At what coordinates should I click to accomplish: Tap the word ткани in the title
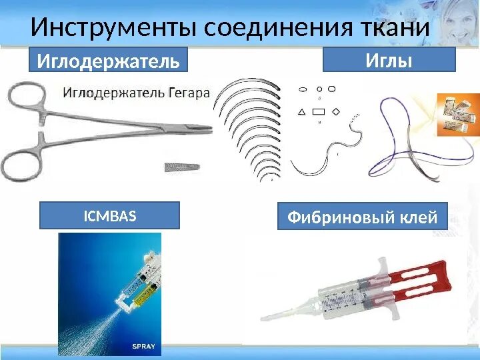tap(393, 27)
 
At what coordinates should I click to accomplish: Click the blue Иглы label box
tap(389, 60)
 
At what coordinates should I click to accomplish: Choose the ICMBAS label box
tap(109, 215)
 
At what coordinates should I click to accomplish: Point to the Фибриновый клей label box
tap(362, 217)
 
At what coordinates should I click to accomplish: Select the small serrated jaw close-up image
tap(181, 165)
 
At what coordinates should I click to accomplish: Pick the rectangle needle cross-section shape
tap(318, 111)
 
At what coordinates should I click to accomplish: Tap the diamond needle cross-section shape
tap(335, 111)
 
